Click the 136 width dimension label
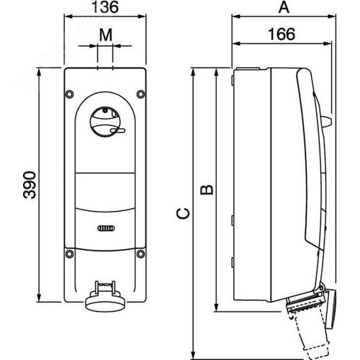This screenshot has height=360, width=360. (x=105, y=7)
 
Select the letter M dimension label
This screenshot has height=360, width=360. (x=106, y=35)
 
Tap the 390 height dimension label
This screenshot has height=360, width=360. (x=30, y=185)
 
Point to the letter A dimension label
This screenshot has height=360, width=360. (x=284, y=7)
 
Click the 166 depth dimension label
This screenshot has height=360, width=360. (x=282, y=34)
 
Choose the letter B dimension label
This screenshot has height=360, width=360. (x=207, y=189)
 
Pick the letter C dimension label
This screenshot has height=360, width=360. (x=183, y=214)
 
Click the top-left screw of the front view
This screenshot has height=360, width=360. (x=70, y=94)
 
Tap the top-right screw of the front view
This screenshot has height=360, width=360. (x=140, y=94)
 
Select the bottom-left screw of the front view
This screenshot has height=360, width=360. (x=70, y=253)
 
